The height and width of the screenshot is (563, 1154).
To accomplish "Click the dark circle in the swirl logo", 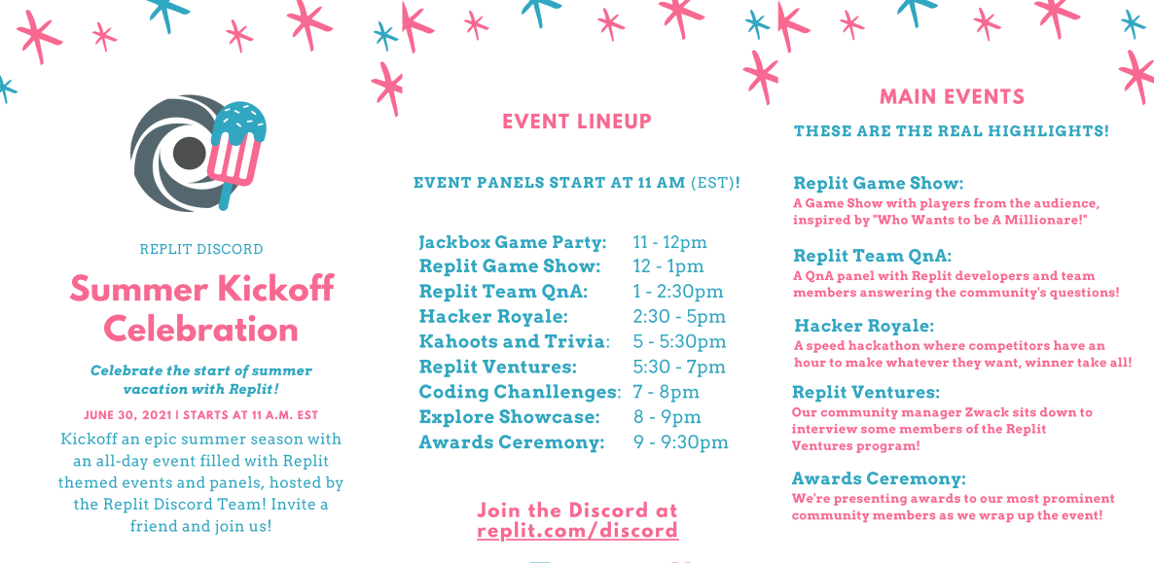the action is coord(189,153).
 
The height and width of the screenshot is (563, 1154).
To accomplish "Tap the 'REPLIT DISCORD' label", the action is coord(200,250).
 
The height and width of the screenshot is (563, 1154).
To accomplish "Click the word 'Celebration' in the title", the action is coord(200,329).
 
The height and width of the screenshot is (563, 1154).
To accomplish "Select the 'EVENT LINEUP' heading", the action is coord(577,122).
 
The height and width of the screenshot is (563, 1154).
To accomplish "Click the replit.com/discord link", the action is coord(578,531).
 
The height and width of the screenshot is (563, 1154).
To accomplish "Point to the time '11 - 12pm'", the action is coord(669,242).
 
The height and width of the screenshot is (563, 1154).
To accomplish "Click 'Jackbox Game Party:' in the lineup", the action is coord(513,242).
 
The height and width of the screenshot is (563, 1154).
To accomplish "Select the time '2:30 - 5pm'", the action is coord(679,317).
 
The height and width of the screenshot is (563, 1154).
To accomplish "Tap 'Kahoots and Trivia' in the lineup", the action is coord(512,342).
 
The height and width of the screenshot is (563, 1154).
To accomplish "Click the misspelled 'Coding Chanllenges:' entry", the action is coord(521,392).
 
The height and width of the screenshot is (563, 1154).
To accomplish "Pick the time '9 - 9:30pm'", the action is coord(681,442).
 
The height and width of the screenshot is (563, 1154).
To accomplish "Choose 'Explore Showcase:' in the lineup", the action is coord(509,417).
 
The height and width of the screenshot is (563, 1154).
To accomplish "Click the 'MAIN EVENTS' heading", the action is coord(953,96).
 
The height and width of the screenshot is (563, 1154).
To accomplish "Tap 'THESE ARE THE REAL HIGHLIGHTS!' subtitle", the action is coord(952,131).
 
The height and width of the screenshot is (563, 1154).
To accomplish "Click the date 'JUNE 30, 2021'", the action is coord(128,416).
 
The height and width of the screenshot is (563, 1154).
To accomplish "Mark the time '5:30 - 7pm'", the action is coord(679,368).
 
